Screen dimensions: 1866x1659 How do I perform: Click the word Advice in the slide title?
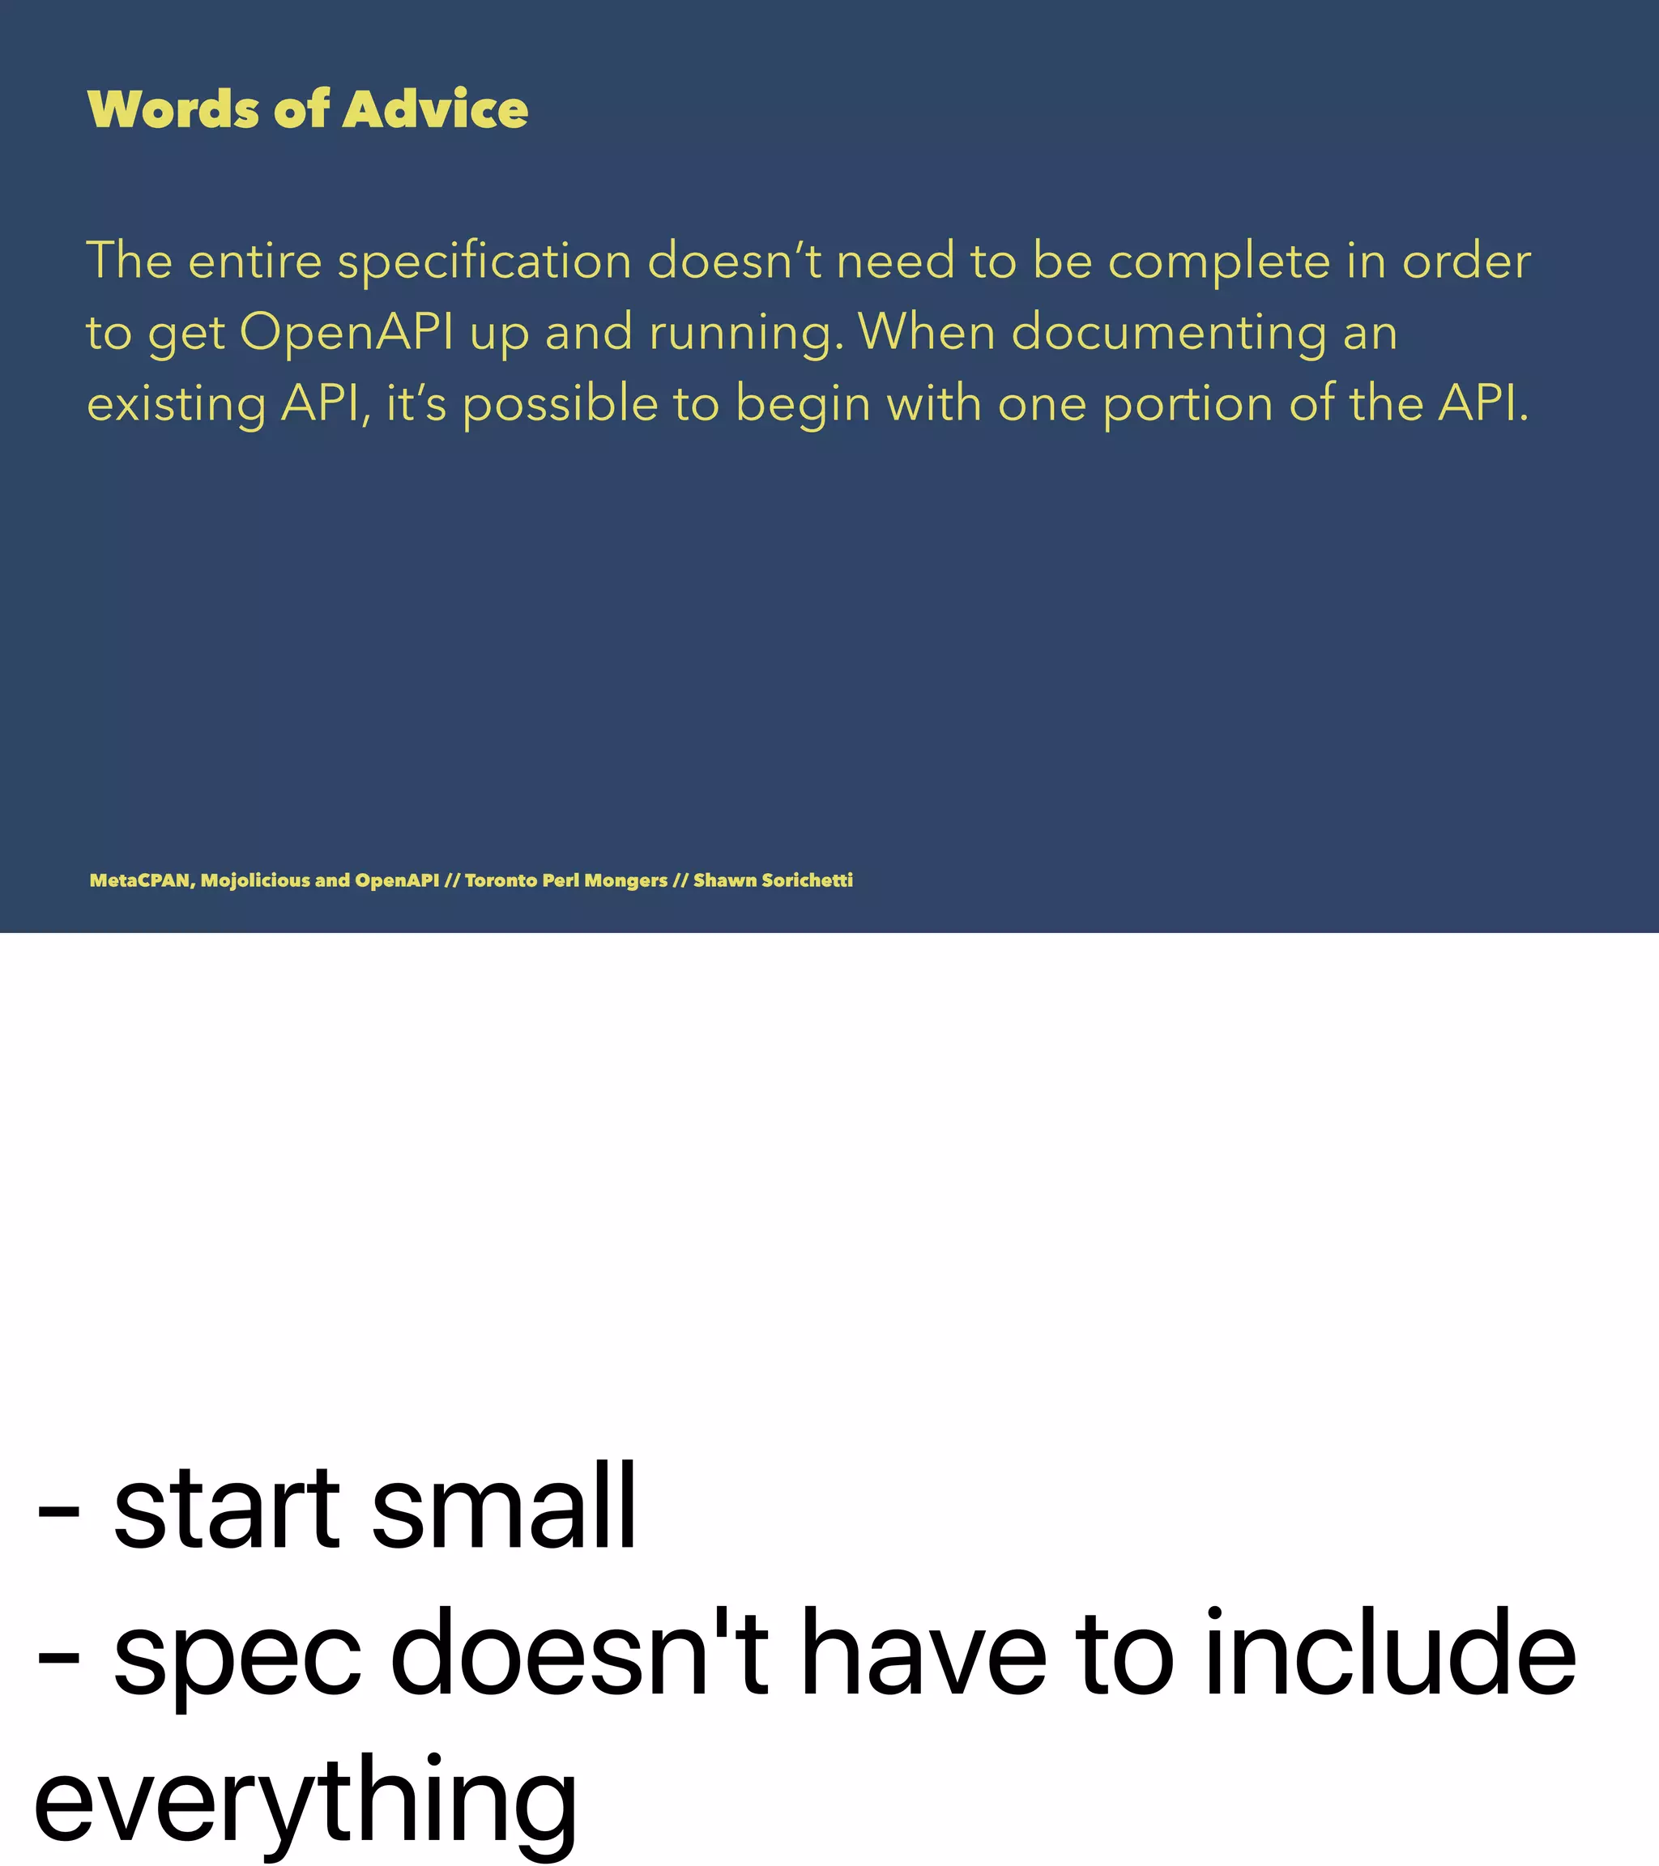pos(436,109)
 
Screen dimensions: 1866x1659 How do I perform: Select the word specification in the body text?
pos(484,262)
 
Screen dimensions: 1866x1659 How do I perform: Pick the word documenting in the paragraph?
pos(1169,333)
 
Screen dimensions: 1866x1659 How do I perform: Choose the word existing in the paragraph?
pos(177,404)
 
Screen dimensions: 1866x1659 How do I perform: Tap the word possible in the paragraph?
pos(560,404)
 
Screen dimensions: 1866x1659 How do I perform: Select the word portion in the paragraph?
pos(1187,404)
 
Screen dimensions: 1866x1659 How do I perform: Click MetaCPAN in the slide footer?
pos(141,880)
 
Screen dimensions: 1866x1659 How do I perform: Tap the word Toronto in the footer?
pos(501,880)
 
